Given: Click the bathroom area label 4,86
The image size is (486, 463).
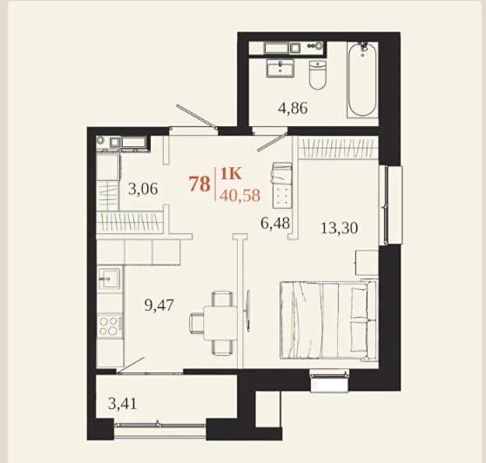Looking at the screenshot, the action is point(293,109).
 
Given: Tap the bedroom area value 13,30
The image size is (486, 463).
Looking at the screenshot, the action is point(339,228).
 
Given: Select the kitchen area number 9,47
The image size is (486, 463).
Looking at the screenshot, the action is point(159,305).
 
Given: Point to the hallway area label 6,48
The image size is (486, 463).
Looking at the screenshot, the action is point(275,223).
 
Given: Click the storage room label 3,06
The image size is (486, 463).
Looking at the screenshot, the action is point(143,189).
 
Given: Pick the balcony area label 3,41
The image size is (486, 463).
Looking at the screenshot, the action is point(123,404).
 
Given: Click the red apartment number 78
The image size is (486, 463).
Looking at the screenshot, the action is point(199,184).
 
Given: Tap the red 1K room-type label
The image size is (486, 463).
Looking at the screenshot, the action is point(231,174).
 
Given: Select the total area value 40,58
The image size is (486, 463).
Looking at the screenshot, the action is point(240,196).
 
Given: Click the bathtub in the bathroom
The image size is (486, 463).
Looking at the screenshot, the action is point(362,79).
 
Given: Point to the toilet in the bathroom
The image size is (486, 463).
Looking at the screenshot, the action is point(318,75).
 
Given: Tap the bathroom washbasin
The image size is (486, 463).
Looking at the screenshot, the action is point(280,69).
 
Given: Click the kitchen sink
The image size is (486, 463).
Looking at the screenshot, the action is point(109,278).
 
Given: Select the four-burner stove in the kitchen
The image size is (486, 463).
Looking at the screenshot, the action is point(110,325).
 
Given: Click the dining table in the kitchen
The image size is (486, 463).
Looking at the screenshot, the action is point(220,322).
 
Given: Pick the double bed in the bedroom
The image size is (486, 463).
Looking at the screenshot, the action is point(328,320).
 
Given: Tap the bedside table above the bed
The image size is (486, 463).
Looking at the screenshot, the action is point(367,262).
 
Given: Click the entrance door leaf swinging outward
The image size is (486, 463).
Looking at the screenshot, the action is point(197,116).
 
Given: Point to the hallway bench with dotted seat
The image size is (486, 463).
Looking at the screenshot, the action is point(282,185).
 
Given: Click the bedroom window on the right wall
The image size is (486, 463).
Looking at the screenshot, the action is point(390,205).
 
